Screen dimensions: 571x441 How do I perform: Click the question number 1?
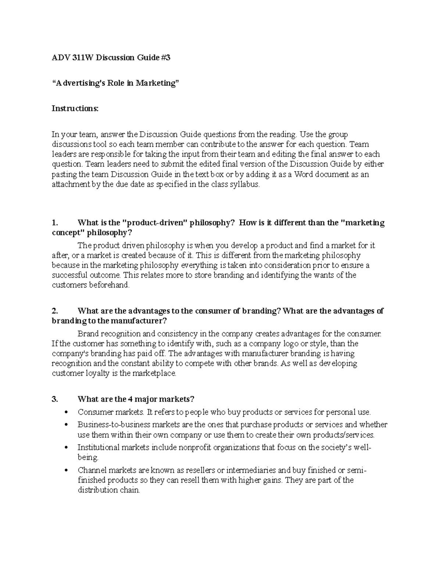click(55, 223)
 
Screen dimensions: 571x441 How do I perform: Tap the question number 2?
click(55, 311)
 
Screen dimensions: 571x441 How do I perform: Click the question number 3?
click(55, 399)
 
